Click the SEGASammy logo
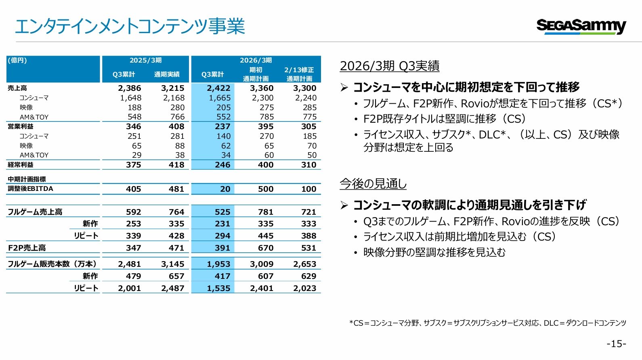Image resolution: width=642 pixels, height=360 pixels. [x=581, y=27]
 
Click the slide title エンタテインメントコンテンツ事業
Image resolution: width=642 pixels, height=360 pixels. [x=130, y=26]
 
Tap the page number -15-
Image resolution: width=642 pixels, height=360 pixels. [x=617, y=343]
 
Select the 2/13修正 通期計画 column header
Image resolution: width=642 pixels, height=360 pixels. [x=299, y=74]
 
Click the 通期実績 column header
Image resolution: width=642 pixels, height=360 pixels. [x=167, y=75]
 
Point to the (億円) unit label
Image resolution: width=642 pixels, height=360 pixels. [x=17, y=60]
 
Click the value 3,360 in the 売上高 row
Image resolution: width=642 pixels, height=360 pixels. [x=262, y=88]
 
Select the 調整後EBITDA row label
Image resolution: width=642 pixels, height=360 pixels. [x=30, y=189]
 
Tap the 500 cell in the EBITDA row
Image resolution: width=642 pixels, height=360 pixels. [x=266, y=189]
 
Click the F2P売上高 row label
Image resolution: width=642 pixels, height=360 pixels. [x=27, y=248]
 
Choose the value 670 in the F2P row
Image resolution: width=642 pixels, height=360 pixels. [x=266, y=248]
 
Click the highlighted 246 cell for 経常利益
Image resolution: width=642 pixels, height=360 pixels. [x=223, y=165]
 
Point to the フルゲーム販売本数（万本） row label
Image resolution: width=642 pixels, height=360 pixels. [x=52, y=264]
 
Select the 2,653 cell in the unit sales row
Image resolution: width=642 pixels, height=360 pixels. [x=305, y=264]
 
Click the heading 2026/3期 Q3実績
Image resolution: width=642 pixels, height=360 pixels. [x=390, y=66]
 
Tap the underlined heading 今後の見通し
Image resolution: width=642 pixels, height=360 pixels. [x=373, y=184]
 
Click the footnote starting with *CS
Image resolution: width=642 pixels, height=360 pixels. [x=487, y=323]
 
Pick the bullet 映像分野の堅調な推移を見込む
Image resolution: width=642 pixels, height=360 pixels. [x=434, y=252]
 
